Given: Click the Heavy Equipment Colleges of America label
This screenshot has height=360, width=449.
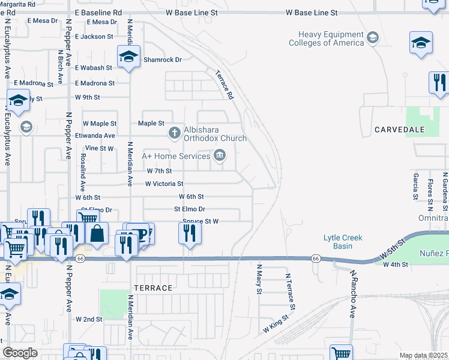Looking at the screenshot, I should [326, 39].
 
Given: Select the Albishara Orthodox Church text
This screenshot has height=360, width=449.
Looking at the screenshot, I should [215, 134].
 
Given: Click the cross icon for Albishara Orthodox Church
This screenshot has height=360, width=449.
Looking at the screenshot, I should [174, 133].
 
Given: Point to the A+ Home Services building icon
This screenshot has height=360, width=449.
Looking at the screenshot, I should [220, 157].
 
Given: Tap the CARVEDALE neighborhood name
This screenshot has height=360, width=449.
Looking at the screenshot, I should [400, 130].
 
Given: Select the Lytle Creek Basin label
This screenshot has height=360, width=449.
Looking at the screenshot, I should [343, 242].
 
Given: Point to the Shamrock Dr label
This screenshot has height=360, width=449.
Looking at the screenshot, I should [162, 59].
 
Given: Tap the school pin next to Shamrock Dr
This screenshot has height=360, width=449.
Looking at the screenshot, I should [128, 57].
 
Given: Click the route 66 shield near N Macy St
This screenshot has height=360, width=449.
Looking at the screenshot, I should [315, 259].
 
